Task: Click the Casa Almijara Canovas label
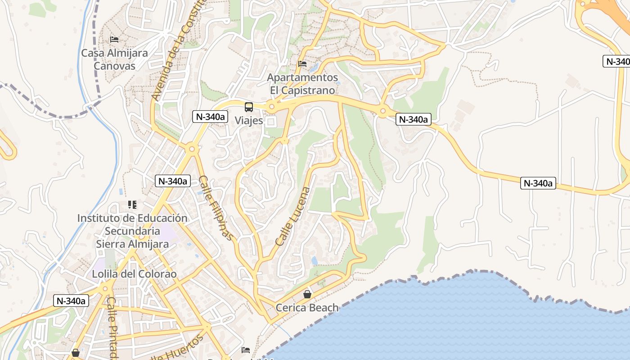point(114,59)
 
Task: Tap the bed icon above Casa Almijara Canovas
point(114,40)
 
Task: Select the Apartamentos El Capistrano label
point(302,84)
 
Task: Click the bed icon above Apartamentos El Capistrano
point(302,64)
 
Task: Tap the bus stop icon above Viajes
point(249,107)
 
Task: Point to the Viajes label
point(249,121)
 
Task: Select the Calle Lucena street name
point(293,216)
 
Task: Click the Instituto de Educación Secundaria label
point(132,231)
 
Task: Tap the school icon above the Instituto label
point(132,205)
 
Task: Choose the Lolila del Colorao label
point(134,274)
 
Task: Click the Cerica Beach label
point(307,308)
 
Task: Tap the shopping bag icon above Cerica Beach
point(307,294)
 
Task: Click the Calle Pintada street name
point(112,328)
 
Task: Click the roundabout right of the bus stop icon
point(271,107)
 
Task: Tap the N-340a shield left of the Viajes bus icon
point(210,117)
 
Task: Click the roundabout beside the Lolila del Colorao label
point(106,288)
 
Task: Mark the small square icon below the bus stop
point(270,121)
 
